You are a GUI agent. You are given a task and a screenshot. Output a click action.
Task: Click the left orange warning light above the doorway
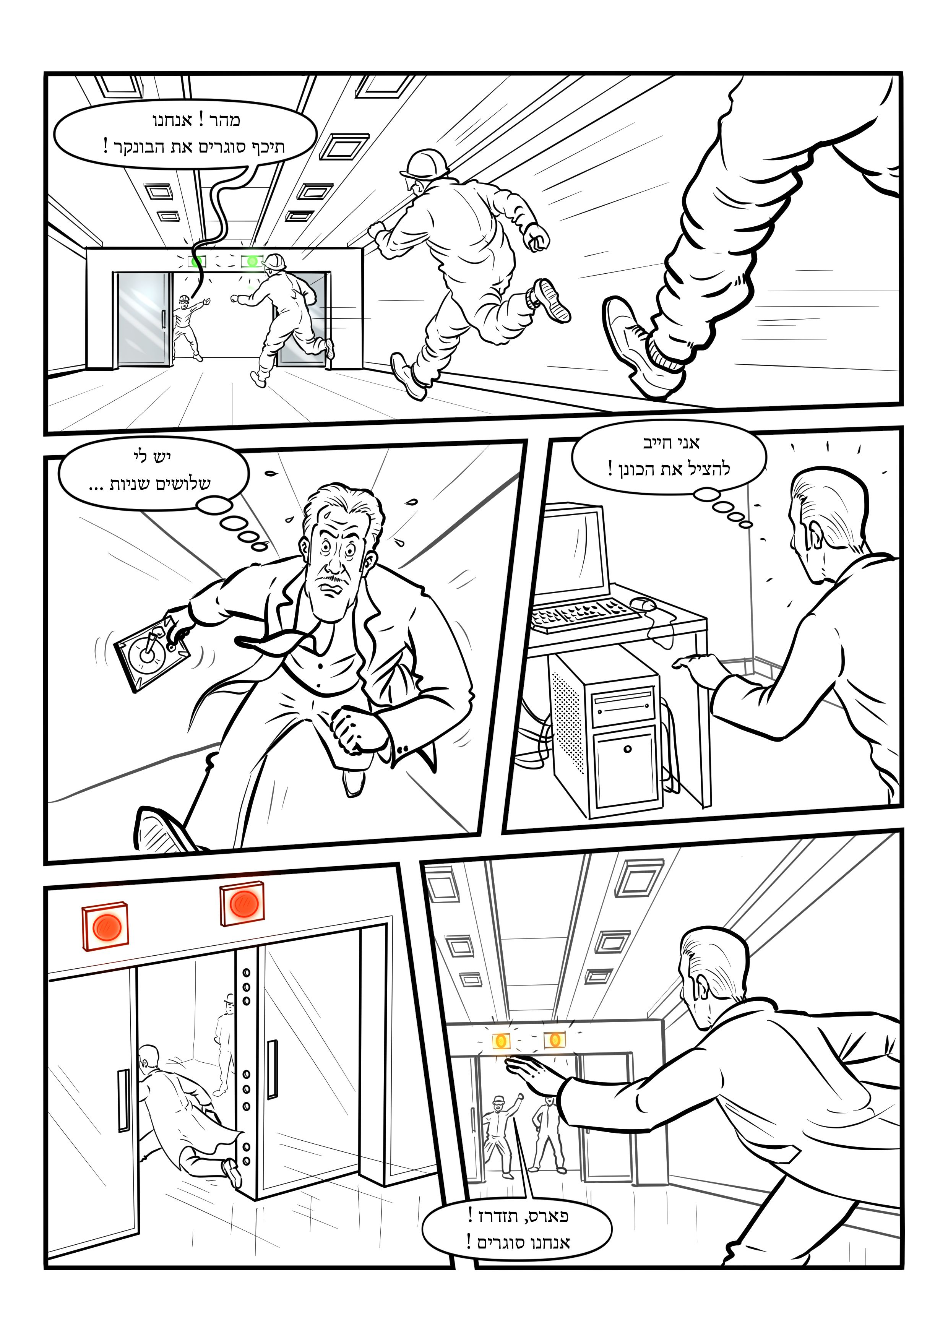point(501,1040)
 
